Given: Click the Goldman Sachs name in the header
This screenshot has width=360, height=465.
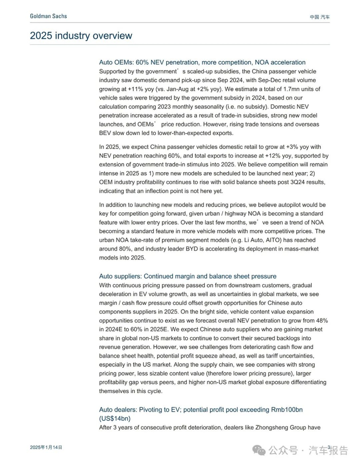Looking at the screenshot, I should pos(48,16).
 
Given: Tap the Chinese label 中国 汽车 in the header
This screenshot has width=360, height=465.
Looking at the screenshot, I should pos(320,17).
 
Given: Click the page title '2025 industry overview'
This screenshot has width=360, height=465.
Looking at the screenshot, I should pos(81,35).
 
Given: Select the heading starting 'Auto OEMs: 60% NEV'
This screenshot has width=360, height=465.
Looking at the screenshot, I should pos(202,62).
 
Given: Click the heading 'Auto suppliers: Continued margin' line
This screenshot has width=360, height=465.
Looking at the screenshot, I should pos(188,276).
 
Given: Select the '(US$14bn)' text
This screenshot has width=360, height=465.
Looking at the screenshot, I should pos(115,418).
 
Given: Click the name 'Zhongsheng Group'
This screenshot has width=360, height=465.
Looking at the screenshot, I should pos(278,428).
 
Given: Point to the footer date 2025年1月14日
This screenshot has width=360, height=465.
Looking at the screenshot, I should pos(46,448).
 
